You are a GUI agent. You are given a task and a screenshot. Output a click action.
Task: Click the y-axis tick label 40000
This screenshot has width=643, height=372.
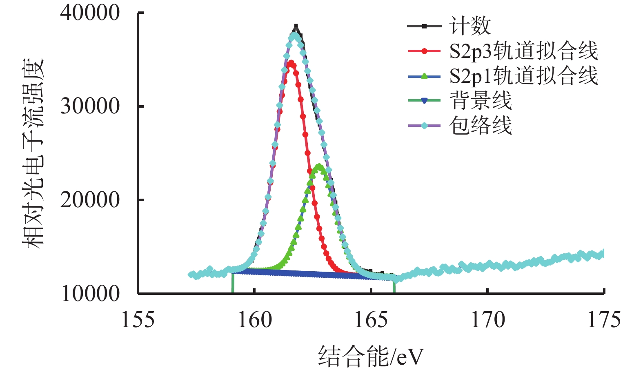[90, 13]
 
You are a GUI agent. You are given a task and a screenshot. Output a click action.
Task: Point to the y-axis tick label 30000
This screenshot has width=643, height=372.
[90, 106]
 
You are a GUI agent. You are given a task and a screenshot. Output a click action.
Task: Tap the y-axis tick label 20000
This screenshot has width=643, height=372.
[90, 200]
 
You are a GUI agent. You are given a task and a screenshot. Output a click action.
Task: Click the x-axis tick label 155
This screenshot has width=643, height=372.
[138, 320]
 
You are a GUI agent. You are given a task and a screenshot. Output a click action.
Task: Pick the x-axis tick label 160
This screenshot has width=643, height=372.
[255, 320]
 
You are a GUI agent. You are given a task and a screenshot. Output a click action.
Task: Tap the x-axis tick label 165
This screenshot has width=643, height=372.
[371, 320]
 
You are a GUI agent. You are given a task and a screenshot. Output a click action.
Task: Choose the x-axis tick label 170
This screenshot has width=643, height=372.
[488, 320]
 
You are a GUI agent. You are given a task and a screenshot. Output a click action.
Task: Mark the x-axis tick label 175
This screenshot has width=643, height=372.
[604, 320]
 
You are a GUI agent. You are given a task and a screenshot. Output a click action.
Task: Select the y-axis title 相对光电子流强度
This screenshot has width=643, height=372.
[33, 153]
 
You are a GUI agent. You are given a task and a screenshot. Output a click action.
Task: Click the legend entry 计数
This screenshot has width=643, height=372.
[470, 26]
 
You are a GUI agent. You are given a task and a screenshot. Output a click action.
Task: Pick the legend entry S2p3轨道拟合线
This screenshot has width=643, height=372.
[523, 51]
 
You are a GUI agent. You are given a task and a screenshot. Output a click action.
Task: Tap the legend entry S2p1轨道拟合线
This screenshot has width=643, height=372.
[523, 76]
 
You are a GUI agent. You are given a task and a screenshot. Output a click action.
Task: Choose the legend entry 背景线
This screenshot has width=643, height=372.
[481, 100]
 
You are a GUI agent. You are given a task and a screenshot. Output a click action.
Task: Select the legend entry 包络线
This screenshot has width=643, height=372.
[481, 125]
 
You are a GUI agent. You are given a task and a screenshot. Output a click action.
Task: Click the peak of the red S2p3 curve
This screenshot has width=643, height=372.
[291, 63]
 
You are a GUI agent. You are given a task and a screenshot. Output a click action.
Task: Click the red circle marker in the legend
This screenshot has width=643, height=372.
[425, 51]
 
